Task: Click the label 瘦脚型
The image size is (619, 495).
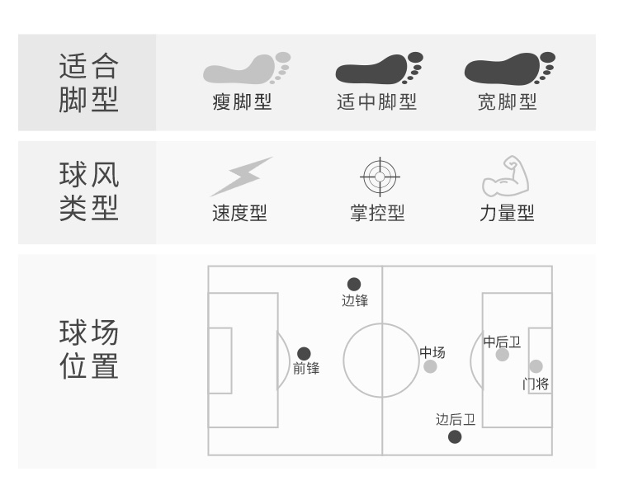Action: [x=242, y=102]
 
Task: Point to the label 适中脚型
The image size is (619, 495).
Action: [x=377, y=102]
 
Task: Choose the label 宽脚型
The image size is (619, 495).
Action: [x=507, y=102]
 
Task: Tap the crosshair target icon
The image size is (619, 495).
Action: [x=379, y=176]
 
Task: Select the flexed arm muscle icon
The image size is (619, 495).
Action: [x=505, y=175]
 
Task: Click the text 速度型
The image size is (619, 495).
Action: [x=239, y=213]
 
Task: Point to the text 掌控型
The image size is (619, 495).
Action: [x=377, y=213]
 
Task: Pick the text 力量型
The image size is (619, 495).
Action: [x=507, y=213]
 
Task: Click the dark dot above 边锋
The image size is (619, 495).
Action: [x=354, y=285]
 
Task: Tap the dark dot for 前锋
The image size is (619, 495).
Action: [x=304, y=353]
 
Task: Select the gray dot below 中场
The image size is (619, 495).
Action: [x=430, y=366]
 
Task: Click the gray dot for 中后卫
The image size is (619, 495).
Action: [x=502, y=355]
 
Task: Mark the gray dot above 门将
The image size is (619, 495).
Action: [x=536, y=366]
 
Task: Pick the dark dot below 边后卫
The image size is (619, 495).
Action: [x=455, y=436]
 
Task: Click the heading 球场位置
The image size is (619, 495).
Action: [x=88, y=350]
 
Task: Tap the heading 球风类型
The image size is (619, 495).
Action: [x=88, y=191]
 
